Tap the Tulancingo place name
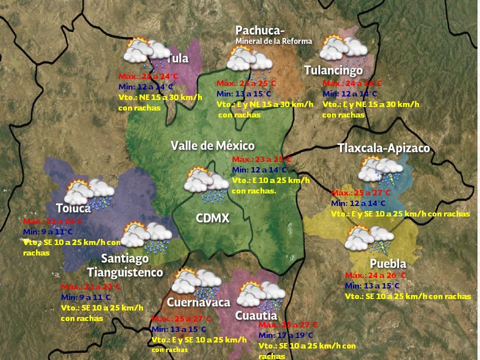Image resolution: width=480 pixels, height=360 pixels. tap(333, 70)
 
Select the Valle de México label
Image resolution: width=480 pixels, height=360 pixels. tap(212, 146)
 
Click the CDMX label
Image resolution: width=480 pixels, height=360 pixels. tap(212, 218)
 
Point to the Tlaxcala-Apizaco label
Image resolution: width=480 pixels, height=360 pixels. tap(383, 148)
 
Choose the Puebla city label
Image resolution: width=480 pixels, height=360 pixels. tap(387, 263)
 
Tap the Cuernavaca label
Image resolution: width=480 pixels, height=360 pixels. tap(198, 302)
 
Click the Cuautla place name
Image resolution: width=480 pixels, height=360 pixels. tap(256, 315)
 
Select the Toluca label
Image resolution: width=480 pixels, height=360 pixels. tap(73, 208)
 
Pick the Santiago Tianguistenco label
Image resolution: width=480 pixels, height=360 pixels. tap(125, 265)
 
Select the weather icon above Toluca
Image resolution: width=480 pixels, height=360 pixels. tap(90, 193)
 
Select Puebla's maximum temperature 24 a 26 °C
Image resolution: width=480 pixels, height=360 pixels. tap(375, 275)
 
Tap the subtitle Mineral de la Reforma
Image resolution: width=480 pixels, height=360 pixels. tap(273, 41)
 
